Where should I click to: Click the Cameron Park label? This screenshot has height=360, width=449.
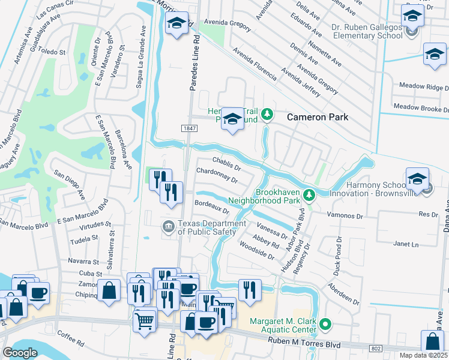(x=317, y=117)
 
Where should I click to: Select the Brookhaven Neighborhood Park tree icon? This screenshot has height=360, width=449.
(x=309, y=195)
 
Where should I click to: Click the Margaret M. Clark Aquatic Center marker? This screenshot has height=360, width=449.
(x=325, y=325)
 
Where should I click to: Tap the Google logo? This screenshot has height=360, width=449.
(x=20, y=352)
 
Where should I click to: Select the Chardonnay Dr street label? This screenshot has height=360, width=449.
(x=217, y=176)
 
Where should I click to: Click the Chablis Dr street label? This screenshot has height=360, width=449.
(x=227, y=164)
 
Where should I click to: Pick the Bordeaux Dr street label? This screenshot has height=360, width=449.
(x=212, y=207)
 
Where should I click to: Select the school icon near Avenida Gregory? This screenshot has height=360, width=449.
(x=176, y=24)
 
